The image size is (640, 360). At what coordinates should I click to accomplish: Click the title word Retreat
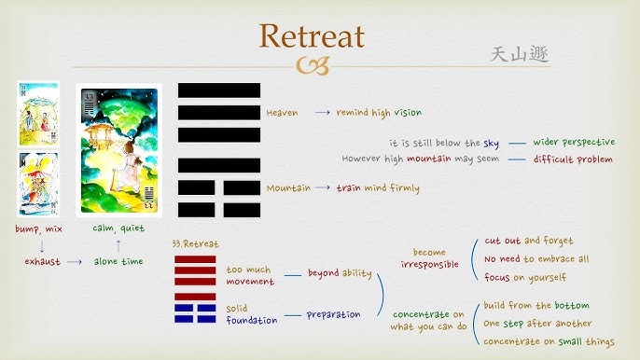pyautogui.click(x=312, y=35)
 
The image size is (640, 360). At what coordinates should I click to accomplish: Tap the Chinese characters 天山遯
pyautogui.click(x=520, y=54)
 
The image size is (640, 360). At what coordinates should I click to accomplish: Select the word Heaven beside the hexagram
pyautogui.click(x=282, y=113)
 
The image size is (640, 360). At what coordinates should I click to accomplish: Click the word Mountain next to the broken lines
pyautogui.click(x=287, y=187)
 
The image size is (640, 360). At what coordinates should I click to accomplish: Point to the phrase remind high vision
pyautogui.click(x=378, y=113)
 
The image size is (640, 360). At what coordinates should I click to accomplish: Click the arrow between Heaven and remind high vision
pyautogui.click(x=322, y=113)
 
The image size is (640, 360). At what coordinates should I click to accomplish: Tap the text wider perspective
pyautogui.click(x=574, y=143)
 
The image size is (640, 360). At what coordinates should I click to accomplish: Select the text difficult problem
pyautogui.click(x=573, y=159)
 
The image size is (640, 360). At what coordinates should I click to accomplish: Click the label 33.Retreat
pyautogui.click(x=195, y=243)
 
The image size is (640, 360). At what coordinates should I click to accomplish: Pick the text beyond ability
pyautogui.click(x=340, y=273)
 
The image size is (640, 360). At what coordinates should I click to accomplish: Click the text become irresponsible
pyautogui.click(x=430, y=258)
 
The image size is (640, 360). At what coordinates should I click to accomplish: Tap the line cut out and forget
pyautogui.click(x=528, y=241)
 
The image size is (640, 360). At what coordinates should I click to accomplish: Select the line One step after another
pyautogui.click(x=536, y=323)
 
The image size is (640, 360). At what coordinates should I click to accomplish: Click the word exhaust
pyautogui.click(x=42, y=262)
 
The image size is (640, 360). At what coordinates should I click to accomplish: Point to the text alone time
pyautogui.click(x=118, y=262)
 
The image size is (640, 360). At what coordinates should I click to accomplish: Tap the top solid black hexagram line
pyautogui.click(x=219, y=90)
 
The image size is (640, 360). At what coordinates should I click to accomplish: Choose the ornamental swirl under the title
pyautogui.click(x=312, y=64)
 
